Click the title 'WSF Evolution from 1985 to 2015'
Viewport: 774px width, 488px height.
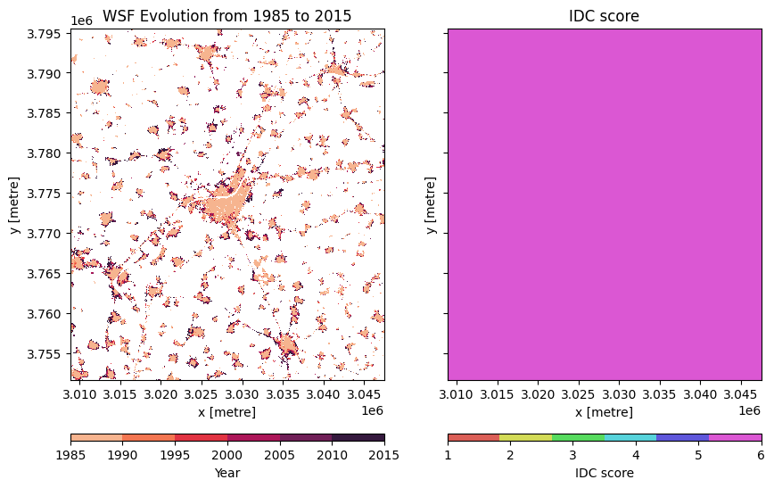[x=227, y=16]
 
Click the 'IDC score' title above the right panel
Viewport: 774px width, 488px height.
[x=604, y=16]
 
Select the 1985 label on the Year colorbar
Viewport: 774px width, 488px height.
[x=70, y=455]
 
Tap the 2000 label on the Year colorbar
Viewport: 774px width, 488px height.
[x=227, y=455]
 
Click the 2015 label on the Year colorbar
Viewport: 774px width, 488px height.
[x=384, y=455]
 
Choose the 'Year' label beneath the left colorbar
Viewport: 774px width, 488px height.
[x=227, y=473]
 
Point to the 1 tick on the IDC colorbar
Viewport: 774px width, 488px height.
[x=449, y=455]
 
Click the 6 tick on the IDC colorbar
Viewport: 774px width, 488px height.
[x=762, y=455]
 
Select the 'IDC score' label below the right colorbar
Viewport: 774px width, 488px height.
[x=604, y=473]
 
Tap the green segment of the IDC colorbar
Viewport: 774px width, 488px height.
[x=578, y=438]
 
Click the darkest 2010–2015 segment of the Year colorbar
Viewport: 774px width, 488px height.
[x=358, y=438]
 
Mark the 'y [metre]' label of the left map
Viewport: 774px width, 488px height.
[x=15, y=205]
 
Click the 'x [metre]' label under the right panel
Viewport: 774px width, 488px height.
[x=604, y=412]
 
